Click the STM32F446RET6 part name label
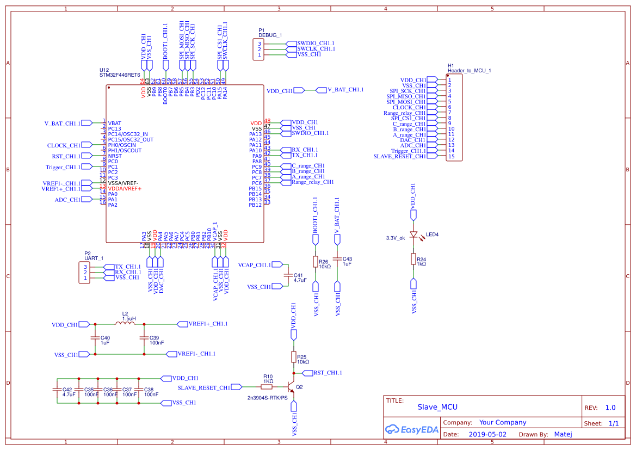click(x=120, y=75)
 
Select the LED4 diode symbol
click(x=413, y=235)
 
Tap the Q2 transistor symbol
click(x=291, y=387)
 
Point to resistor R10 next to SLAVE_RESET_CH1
click(x=267, y=387)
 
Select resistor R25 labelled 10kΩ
click(x=294, y=357)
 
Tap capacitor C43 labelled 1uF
click(x=337, y=260)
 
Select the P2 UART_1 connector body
click(x=85, y=272)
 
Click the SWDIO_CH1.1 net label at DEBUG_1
click(x=316, y=43)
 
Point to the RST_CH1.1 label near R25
click(x=328, y=373)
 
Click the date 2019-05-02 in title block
click(x=487, y=434)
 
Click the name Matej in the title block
click(x=563, y=434)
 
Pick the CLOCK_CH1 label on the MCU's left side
click(x=64, y=145)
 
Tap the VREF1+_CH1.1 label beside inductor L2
click(x=208, y=324)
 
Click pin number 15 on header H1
click(x=451, y=156)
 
